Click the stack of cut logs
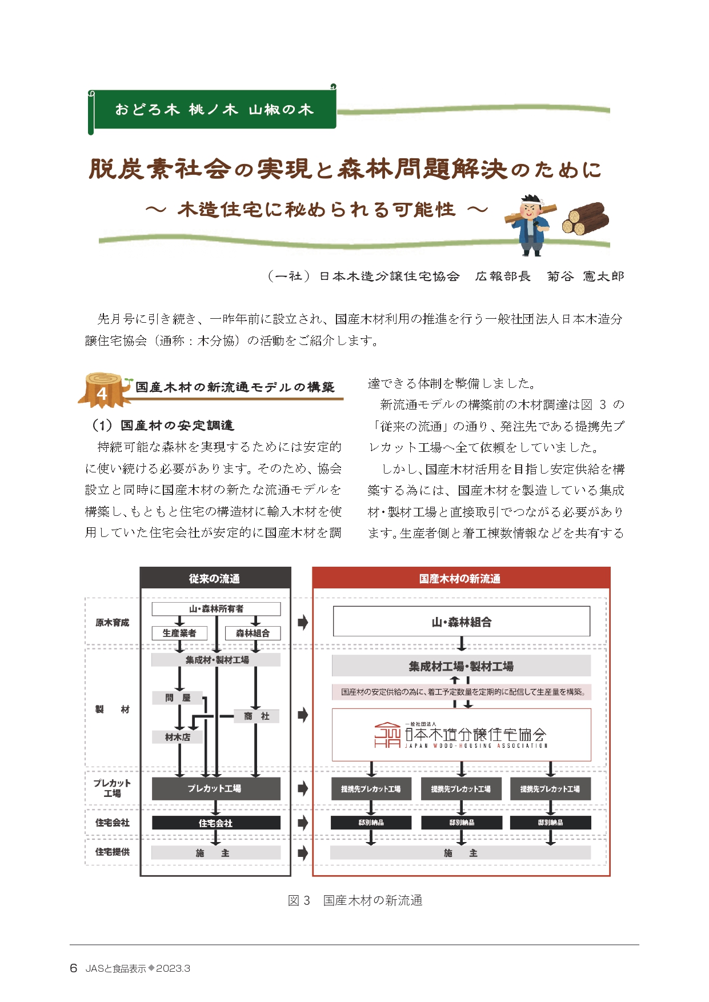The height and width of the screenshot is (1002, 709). pyautogui.click(x=585, y=219)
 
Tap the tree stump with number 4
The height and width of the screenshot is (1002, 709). pyautogui.click(x=103, y=390)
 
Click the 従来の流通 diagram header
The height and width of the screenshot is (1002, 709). pyautogui.click(x=215, y=578)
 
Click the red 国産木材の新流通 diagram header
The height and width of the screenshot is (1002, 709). pyautogui.click(x=460, y=578)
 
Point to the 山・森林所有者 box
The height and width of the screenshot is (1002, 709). pyautogui.click(x=216, y=609)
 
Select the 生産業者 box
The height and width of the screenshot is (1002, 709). pyautogui.click(x=179, y=633)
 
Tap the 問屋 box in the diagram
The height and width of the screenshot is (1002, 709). pyautogui.click(x=178, y=698)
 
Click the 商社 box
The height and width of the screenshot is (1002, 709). pyautogui.click(x=257, y=716)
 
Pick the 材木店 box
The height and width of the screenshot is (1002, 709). pyautogui.click(x=178, y=738)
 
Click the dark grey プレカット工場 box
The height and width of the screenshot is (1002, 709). pyautogui.click(x=215, y=788)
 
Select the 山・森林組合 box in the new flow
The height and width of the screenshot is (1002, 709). pyautogui.click(x=461, y=622)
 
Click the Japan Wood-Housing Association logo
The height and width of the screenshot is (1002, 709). pyautogui.click(x=461, y=735)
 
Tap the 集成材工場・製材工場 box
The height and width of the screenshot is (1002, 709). pyautogui.click(x=461, y=666)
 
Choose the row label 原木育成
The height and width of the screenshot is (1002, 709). pyautogui.click(x=112, y=623)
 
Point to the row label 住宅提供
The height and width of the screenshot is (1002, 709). pyautogui.click(x=112, y=852)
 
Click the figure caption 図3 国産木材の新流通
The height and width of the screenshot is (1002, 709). pyautogui.click(x=355, y=901)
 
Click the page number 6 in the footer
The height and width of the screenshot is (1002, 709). pyautogui.click(x=73, y=968)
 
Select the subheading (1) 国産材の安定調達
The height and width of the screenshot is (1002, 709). pyautogui.click(x=163, y=426)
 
